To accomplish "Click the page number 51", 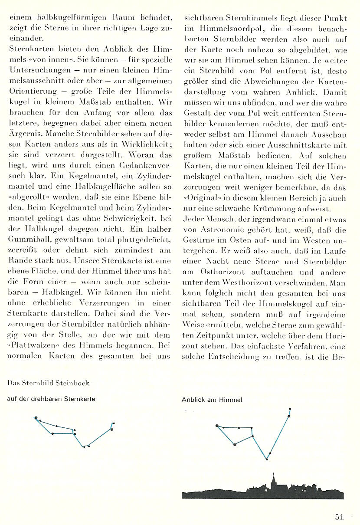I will click(339, 516).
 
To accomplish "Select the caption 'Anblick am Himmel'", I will click(212, 400).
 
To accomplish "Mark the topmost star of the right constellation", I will click(290, 409).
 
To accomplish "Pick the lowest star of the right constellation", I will click(266, 459).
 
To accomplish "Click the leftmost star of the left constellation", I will click(35, 418).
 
